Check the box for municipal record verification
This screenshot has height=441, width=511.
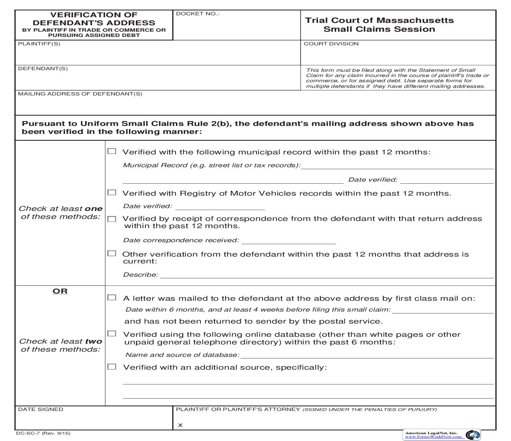(x=112, y=151)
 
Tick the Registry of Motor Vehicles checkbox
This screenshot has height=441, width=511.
(x=112, y=192)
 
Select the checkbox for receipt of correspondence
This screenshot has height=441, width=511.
(x=112, y=219)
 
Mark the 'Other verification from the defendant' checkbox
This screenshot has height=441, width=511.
(x=112, y=253)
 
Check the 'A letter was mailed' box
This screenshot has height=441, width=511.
(x=112, y=297)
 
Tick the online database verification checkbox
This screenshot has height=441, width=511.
(x=112, y=334)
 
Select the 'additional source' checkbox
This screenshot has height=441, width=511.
(x=112, y=366)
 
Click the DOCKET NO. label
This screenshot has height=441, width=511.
(x=198, y=14)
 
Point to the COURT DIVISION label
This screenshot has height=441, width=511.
(x=331, y=44)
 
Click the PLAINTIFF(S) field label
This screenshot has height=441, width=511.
(x=39, y=44)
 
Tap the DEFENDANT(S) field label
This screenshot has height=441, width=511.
(x=43, y=69)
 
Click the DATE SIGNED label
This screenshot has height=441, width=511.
(x=40, y=409)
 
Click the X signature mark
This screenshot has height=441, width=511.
(x=180, y=425)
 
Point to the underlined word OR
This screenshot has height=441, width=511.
(x=60, y=291)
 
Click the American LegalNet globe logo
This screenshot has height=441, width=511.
(x=473, y=435)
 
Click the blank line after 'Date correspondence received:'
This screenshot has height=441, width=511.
(x=289, y=241)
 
